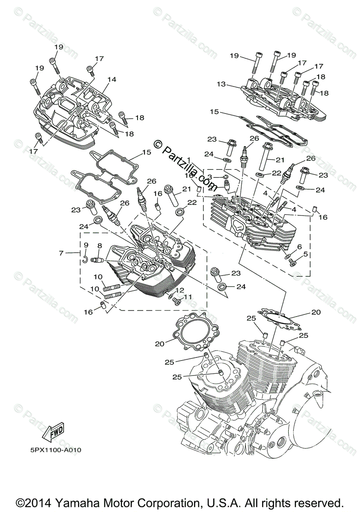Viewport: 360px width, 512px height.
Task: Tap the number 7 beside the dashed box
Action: (61, 253)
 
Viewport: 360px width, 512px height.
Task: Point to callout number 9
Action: (86, 245)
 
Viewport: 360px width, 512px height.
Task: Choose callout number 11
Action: (188, 297)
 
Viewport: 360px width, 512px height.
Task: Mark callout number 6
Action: (299, 247)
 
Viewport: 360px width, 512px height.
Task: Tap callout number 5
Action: (305, 254)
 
